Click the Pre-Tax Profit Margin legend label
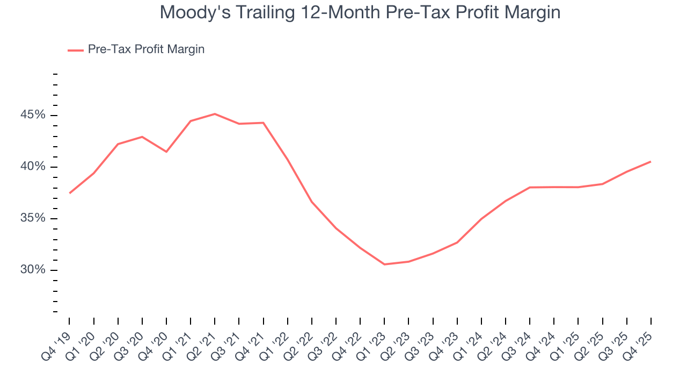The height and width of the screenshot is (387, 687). coord(146,49)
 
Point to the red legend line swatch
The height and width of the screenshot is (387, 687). coord(75,50)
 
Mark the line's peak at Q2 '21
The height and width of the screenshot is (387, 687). coord(215,114)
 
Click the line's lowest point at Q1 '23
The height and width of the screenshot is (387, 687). coord(384,264)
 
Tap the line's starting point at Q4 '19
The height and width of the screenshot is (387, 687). coord(70,193)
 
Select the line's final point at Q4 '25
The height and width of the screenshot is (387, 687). coord(651,162)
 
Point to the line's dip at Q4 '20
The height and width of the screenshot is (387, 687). coord(166,152)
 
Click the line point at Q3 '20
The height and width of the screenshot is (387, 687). coord(142,137)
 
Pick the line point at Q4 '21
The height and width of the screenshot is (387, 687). coord(264,123)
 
